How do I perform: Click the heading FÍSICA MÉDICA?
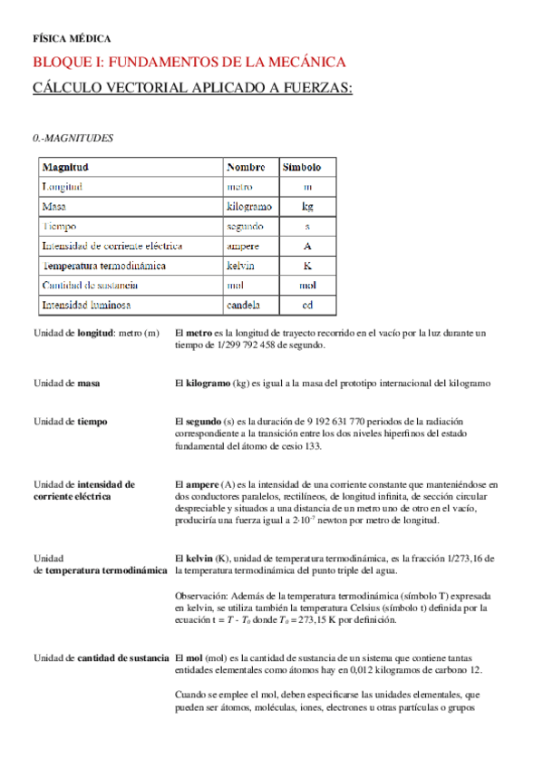coord(72,39)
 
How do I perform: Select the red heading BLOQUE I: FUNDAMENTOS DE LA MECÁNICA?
coord(189,63)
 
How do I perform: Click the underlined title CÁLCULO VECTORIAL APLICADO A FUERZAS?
coord(192,87)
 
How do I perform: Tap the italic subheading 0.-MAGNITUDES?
coord(73,138)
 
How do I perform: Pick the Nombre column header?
coord(246,168)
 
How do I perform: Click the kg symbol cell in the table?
coord(307,207)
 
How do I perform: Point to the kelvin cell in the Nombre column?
coord(240,266)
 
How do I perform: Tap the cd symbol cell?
coord(307,305)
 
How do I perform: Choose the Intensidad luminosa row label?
coord(87,305)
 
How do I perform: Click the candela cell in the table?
coord(243,305)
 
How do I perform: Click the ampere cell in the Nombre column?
coord(242,246)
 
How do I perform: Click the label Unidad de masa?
coord(67,384)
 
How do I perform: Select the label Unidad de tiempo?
coord(70,422)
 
